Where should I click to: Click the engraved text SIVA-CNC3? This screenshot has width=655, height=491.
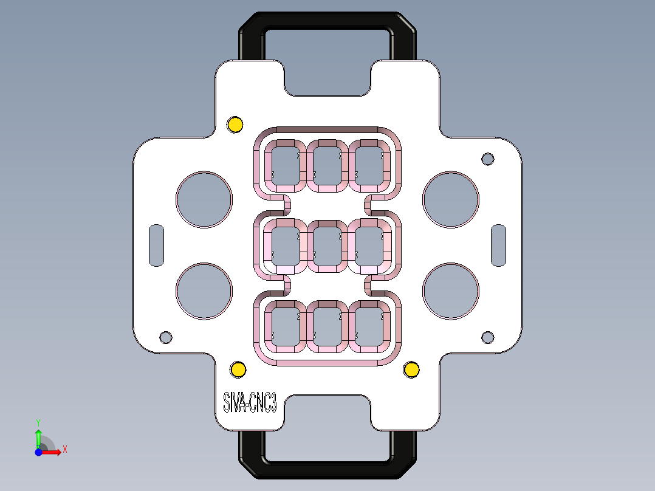(250, 403)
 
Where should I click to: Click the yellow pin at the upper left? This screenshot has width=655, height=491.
(235, 125)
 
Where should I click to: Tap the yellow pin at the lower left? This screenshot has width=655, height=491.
(238, 369)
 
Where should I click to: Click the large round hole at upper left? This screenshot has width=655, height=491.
(204, 199)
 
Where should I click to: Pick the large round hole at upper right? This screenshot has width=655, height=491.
(451, 199)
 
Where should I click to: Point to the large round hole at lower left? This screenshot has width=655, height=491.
(204, 291)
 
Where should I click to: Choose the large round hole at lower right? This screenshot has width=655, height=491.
(451, 291)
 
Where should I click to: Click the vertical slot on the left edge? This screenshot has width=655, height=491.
(157, 245)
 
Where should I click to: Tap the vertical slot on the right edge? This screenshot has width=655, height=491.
(499, 245)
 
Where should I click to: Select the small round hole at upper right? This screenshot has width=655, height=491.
(488, 159)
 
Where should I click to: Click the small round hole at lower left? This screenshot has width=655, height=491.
(165, 337)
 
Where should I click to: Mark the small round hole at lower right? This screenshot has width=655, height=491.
(488, 337)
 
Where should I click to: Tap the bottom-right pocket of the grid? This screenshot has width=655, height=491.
(370, 327)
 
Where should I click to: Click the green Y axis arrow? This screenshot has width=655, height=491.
(38, 434)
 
